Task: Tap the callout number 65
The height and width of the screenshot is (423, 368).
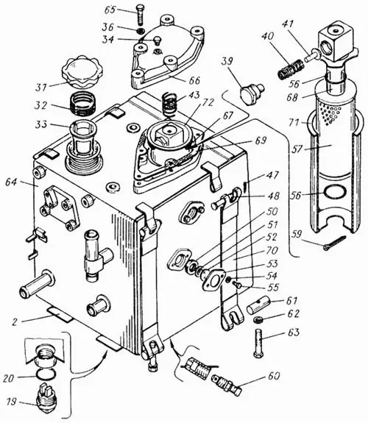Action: [x=110, y=10]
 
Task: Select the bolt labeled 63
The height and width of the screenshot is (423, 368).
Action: [x=258, y=342]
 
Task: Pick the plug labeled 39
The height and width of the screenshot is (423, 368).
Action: [x=251, y=94]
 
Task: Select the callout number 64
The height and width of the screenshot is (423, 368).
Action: [x=11, y=182]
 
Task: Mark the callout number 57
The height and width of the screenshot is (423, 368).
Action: [x=297, y=148]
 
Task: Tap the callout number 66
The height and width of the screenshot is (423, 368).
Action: [x=194, y=81]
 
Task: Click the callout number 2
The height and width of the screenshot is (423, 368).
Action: [x=15, y=321]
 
